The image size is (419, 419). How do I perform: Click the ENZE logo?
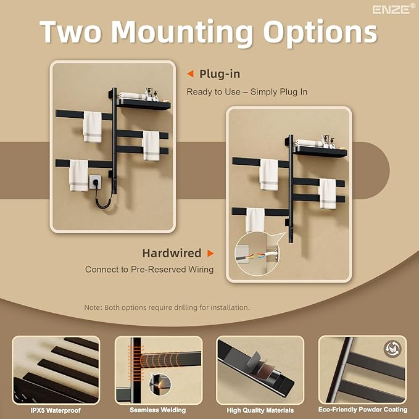click(394, 9)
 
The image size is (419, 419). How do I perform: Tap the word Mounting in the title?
click(181, 33)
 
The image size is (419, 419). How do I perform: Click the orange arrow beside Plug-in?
click(190, 74)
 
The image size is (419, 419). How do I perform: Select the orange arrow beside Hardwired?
click(210, 253)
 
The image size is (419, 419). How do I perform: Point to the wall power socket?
click(95, 181)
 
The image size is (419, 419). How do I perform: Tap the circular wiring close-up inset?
click(256, 254)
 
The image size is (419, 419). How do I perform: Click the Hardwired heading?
click(172, 253)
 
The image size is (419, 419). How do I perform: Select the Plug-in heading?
click(220, 74)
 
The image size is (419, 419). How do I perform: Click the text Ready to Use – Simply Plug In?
click(247, 92)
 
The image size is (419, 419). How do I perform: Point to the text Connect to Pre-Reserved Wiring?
click(149, 269)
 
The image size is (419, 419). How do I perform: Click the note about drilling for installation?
click(167, 307)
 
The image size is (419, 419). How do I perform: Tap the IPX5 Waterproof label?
click(56, 410)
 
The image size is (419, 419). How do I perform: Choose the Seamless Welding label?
click(157, 410)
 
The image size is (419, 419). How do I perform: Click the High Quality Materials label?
click(260, 410)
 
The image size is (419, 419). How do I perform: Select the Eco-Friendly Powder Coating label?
click(363, 409)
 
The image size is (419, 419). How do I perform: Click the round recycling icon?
click(392, 348)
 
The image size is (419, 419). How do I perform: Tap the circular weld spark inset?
click(160, 384)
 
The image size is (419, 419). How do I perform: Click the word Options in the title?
click(320, 33)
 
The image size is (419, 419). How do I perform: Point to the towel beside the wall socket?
click(79, 175)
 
